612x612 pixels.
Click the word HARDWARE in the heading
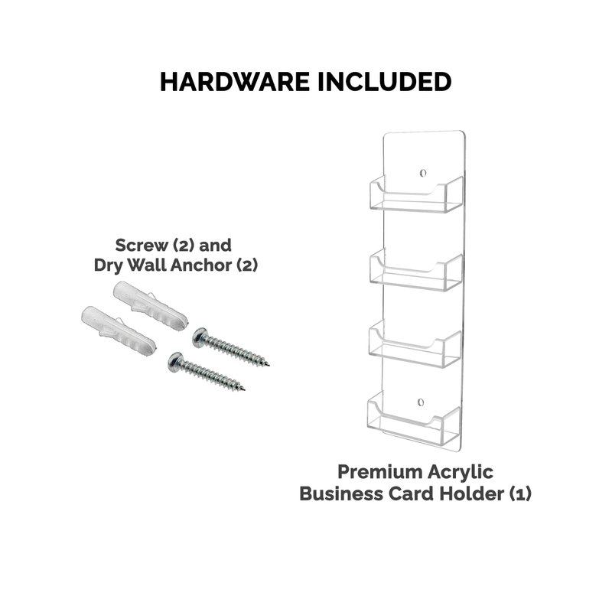point(235,82)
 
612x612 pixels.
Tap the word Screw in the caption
point(141,245)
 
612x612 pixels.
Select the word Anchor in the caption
point(200,265)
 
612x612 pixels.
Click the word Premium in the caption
point(379,471)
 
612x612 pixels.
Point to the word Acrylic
point(461,472)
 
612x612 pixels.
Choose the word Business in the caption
point(340,493)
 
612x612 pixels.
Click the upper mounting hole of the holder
point(423,173)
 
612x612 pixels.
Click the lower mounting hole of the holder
point(420,402)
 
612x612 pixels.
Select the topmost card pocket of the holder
point(416,194)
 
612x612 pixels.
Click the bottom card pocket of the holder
point(414,419)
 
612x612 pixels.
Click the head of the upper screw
point(200,337)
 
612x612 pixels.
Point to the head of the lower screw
point(175,361)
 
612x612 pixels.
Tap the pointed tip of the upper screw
point(269,366)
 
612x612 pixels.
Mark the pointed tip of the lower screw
point(244,389)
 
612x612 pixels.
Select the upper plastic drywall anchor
point(150,306)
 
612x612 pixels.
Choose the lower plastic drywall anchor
point(119,330)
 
